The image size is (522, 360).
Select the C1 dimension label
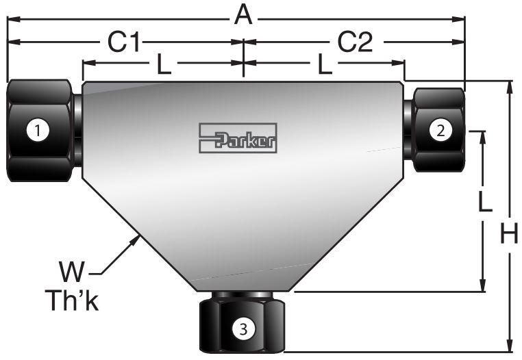tap(125, 42)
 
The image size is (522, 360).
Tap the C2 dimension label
tap(356, 42)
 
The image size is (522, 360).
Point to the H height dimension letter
tap(508, 235)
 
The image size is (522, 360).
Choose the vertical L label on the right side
tap(484, 204)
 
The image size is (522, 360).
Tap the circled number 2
tap(440, 129)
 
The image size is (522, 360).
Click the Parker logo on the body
tap(238, 138)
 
